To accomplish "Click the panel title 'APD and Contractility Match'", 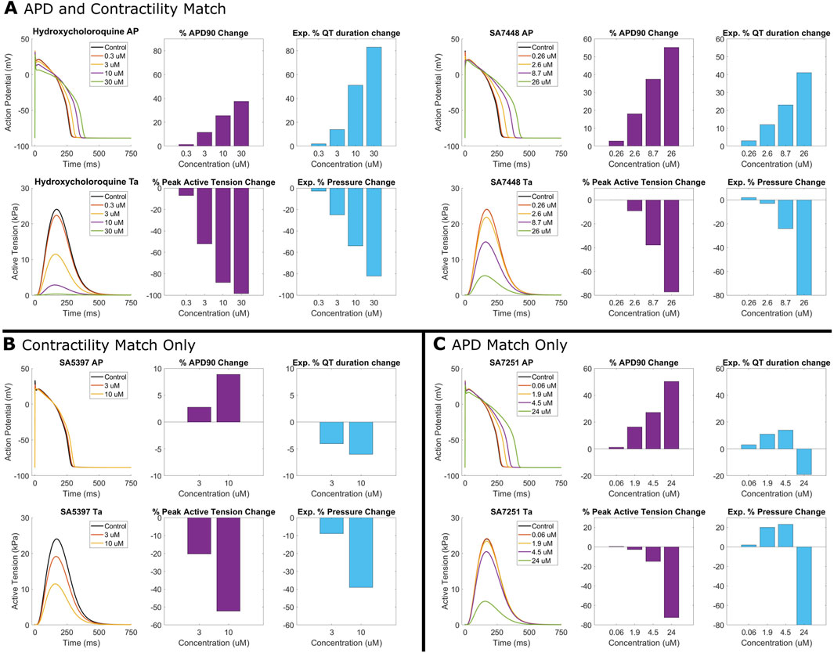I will coord(125,10).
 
